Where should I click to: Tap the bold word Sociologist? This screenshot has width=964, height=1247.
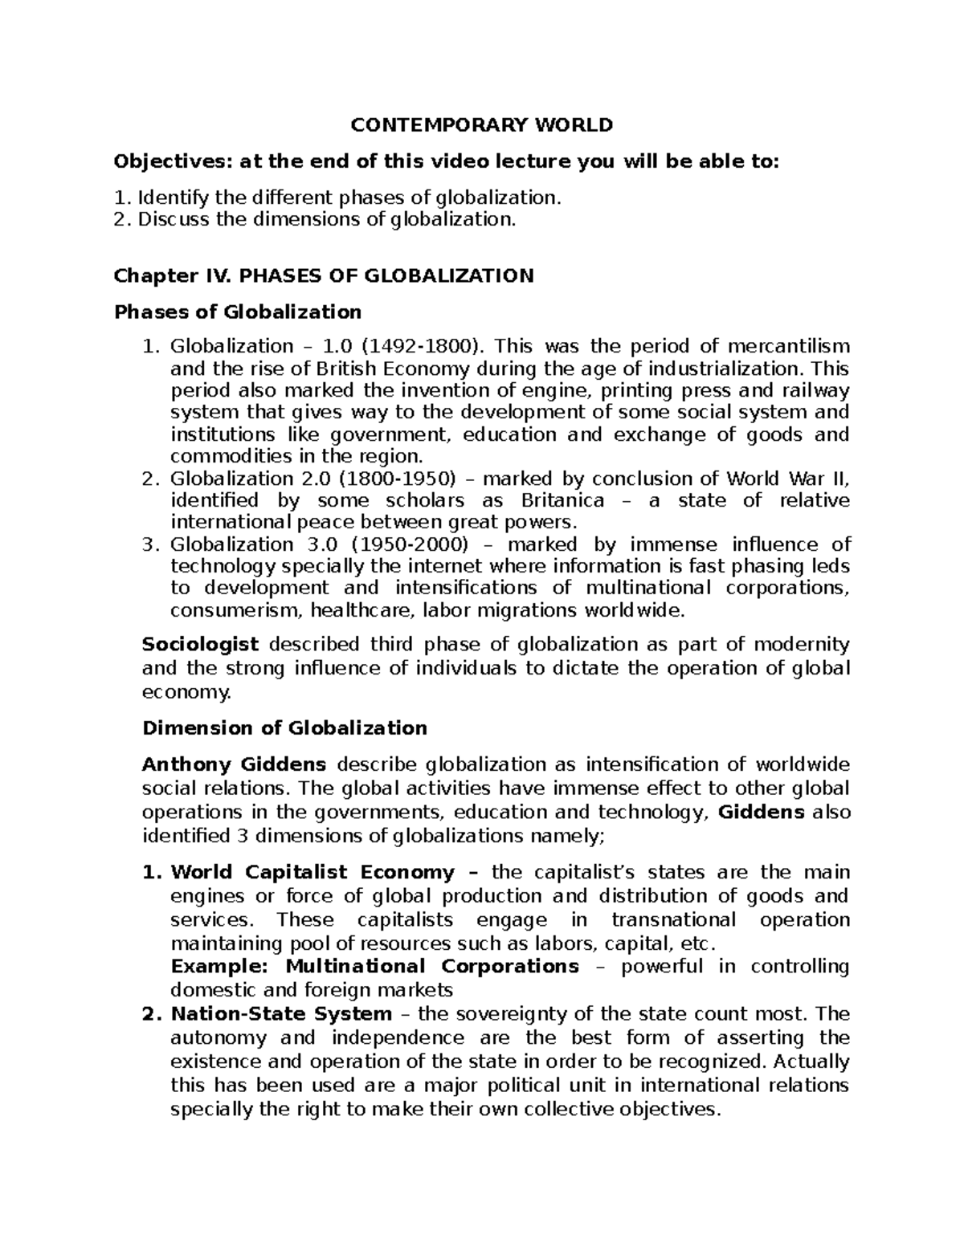[200, 645]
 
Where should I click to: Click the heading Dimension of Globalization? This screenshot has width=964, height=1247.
[284, 728]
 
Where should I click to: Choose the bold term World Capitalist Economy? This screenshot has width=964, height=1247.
[312, 872]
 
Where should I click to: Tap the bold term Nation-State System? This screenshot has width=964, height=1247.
[281, 1014]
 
